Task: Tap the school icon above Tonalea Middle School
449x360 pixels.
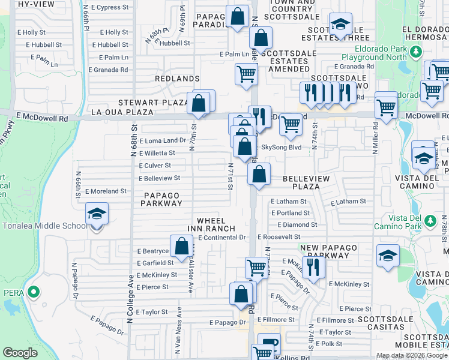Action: [x=96, y=214]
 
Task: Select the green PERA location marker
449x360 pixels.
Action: [x=34, y=293]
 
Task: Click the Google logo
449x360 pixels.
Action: [x=20, y=353]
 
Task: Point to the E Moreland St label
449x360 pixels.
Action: [x=106, y=191]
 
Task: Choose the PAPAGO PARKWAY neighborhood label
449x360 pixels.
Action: [x=162, y=199]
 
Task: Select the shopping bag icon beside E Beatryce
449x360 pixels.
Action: [x=181, y=245]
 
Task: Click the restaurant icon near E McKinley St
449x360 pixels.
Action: [x=313, y=267]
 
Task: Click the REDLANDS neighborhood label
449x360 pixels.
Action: [x=176, y=79]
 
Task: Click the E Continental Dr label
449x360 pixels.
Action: [x=222, y=238]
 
